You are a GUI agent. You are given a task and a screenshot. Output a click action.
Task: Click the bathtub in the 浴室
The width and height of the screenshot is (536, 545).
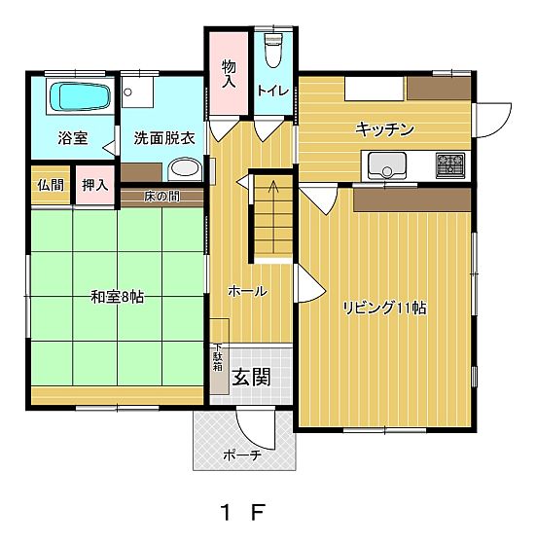click(x=81, y=96)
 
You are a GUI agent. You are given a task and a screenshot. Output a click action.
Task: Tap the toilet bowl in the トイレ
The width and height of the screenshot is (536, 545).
click(x=272, y=51)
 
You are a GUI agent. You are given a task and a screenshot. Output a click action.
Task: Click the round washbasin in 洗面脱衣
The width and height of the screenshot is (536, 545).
click(x=185, y=169)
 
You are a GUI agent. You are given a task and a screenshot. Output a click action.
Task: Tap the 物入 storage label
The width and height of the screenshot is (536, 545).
click(x=229, y=73)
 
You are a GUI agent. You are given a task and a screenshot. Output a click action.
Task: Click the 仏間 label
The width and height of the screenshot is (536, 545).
click(x=51, y=185)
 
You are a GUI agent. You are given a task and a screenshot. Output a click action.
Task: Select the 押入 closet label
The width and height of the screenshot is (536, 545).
click(x=95, y=185)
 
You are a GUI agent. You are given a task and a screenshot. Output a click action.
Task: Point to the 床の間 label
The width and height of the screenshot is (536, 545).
click(x=161, y=197)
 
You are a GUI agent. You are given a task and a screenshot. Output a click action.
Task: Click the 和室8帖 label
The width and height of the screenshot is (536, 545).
click(x=118, y=297)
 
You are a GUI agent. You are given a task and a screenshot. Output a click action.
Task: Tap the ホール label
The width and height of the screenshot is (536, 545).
click(x=247, y=291)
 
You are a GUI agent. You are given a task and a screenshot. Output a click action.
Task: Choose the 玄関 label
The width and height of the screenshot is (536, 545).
click(x=251, y=378)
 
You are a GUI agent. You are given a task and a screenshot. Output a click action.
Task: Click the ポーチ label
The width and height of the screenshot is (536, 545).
click(x=242, y=454)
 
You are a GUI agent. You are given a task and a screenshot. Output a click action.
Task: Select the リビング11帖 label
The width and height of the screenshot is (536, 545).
click(x=384, y=308)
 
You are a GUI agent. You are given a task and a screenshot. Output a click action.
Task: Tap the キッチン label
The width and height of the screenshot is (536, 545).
click(x=384, y=129)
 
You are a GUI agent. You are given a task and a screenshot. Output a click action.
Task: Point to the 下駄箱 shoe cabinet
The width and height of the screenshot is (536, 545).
click(x=219, y=369)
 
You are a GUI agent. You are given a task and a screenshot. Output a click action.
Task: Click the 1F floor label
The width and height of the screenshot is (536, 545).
click(x=243, y=512)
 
